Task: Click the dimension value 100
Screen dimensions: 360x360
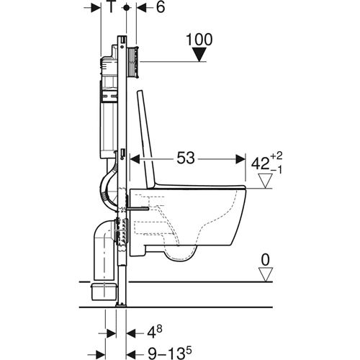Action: click(x=199, y=40)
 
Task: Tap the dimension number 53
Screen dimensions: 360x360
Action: click(x=186, y=158)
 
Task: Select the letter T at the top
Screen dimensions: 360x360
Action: click(x=111, y=7)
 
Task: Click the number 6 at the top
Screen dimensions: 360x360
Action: click(x=161, y=7)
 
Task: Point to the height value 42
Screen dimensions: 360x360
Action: click(x=260, y=164)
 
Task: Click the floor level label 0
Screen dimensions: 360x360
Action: click(x=265, y=260)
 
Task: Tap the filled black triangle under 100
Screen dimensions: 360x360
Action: click(x=199, y=55)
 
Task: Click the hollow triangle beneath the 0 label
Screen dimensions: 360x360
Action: click(x=265, y=274)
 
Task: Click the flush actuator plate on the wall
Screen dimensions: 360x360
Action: click(x=133, y=62)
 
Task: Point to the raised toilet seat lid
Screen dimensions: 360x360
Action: click(x=146, y=138)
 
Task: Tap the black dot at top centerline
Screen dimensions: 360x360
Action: click(x=126, y=8)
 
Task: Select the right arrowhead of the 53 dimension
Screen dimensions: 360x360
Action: click(x=240, y=159)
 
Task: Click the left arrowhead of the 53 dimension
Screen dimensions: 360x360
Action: click(x=135, y=159)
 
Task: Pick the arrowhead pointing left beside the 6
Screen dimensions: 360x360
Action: click(x=141, y=8)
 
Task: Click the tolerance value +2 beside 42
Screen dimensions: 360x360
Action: click(x=276, y=156)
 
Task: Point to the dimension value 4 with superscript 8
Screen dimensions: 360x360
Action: click(x=155, y=333)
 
